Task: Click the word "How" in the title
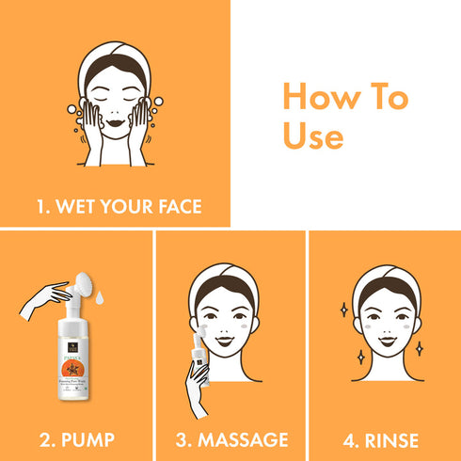pyautogui.click(x=317, y=98)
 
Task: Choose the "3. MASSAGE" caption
pyautogui.click(x=230, y=440)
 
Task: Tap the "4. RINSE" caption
pyautogui.click(x=385, y=440)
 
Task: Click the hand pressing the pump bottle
pyautogui.click(x=42, y=303)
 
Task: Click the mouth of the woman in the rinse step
pyautogui.click(x=385, y=340)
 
